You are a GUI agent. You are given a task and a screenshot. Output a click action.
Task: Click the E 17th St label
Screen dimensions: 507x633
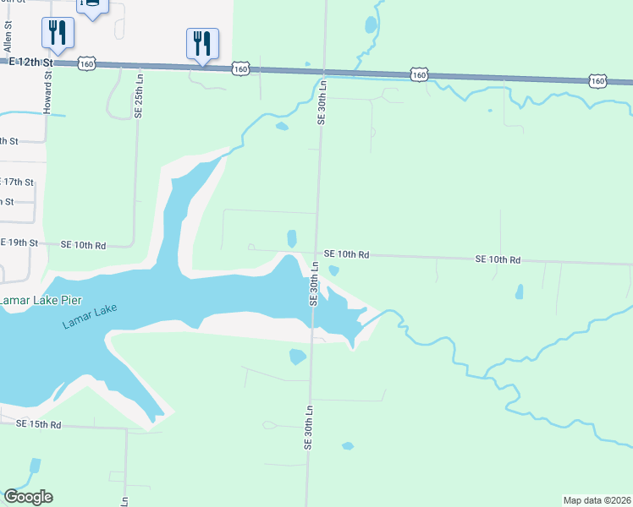17,182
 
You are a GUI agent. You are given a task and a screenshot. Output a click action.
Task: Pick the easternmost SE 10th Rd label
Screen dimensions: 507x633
498,259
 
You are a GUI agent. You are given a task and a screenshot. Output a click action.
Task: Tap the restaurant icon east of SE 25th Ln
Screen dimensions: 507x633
202,42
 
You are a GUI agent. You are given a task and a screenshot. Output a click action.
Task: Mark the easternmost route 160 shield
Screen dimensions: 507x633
597,81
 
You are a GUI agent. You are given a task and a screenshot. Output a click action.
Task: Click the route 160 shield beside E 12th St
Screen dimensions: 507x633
86,63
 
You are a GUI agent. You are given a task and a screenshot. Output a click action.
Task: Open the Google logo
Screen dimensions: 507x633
28,497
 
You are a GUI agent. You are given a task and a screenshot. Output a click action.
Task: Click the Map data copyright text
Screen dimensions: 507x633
597,500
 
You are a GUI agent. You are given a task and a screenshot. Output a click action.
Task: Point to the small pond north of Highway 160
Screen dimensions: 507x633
371,25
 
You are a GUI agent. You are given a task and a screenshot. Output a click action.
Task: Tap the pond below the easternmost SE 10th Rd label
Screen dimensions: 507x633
519,292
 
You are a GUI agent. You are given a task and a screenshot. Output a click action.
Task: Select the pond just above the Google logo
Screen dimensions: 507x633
34,466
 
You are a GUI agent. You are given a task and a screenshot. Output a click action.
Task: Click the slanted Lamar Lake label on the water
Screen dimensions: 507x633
90,316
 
